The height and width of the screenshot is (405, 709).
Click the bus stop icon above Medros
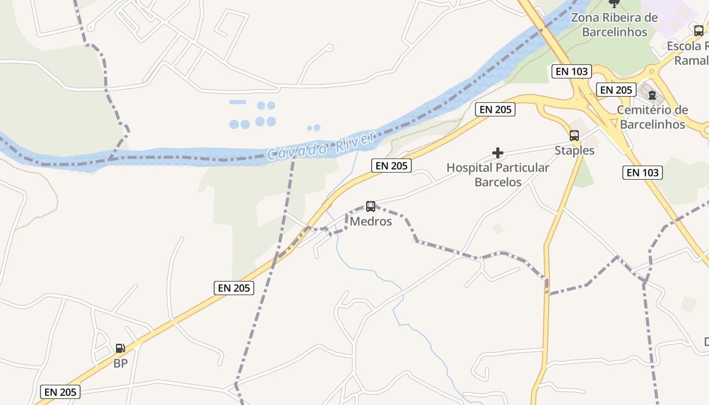point(371,207)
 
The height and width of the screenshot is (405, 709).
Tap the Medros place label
point(371,222)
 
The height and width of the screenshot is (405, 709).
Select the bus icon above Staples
point(574,136)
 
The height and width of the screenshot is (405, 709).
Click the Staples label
point(574,150)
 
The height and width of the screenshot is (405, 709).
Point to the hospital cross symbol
point(498,152)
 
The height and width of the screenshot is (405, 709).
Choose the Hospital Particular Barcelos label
point(498,175)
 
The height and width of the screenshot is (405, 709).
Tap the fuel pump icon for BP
point(120,348)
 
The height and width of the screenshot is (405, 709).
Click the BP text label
point(120,363)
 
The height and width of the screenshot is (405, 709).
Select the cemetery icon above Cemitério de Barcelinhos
point(652,95)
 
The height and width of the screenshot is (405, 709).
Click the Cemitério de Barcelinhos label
point(652,117)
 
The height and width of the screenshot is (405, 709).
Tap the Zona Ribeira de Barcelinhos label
point(614,25)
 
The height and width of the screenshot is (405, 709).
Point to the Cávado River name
point(321,146)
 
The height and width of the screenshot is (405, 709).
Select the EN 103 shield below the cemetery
point(643,173)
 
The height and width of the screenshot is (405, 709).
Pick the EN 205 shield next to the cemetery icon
point(615,90)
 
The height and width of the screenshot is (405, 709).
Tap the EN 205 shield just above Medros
point(391,166)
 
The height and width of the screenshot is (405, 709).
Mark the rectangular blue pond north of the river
point(238,102)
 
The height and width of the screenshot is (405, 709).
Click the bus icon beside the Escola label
point(698,30)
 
